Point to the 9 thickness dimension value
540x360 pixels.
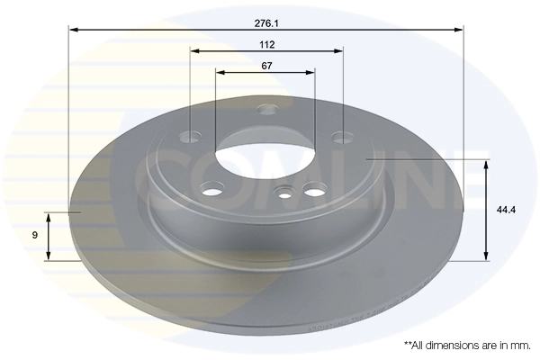coord(34,235)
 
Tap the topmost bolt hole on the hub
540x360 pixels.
coord(265,110)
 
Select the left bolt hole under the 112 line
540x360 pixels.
coord(191,138)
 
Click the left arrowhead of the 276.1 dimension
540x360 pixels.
coord(73,29)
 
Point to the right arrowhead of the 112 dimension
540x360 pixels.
coord(341,50)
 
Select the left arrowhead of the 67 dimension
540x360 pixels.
coord(219,72)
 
